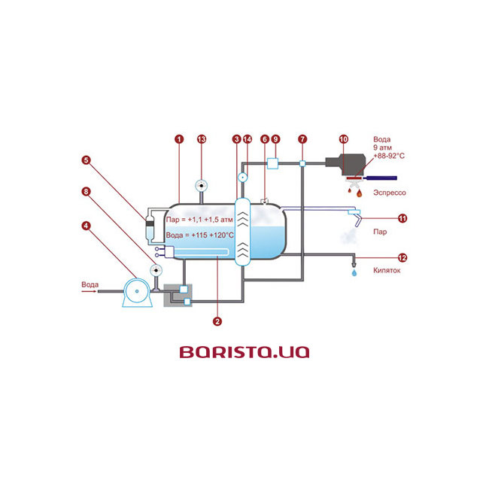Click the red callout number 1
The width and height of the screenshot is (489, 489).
179,139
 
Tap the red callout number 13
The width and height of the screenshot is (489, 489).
201,139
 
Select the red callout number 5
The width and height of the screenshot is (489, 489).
87,159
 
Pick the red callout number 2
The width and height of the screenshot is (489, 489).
217,321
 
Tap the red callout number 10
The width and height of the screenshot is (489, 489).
344,139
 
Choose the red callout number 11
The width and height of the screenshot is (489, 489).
402,218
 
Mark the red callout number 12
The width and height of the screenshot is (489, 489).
402,257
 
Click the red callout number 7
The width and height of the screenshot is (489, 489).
302,139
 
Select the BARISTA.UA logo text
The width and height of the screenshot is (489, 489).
244,351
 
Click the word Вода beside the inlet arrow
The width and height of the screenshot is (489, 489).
90,285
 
